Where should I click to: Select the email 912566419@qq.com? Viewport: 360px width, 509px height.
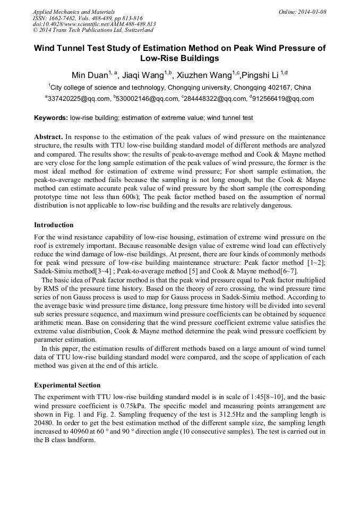click(280, 99)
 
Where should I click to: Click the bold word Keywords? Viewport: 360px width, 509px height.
click(51, 117)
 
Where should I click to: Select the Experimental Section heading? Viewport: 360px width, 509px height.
click(67, 385)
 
